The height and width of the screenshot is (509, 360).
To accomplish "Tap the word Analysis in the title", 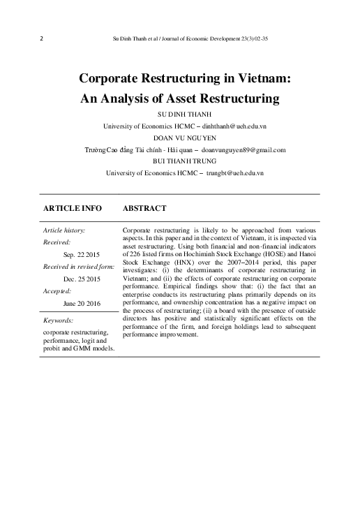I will point(137,98).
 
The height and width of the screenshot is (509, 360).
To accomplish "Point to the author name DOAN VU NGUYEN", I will point(184,138).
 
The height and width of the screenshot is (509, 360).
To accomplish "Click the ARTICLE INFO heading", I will point(73,208).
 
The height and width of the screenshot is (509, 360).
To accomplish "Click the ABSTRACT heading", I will point(144,208).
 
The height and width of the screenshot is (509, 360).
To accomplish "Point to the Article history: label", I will point(64,230).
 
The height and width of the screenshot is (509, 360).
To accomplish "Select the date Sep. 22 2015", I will point(82,256).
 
